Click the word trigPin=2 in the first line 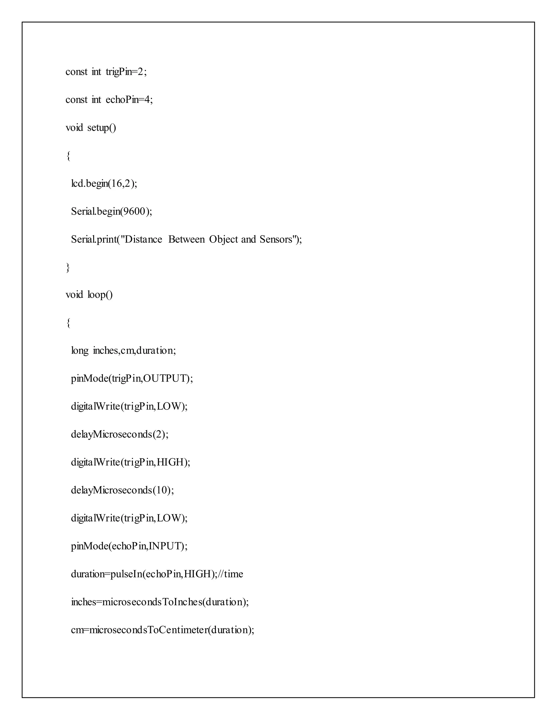(126, 72)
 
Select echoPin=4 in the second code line (129, 100)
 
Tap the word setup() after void (102, 128)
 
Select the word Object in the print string (223, 239)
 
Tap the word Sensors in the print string (276, 239)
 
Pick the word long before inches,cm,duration (80, 351)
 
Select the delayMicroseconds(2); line (119, 435)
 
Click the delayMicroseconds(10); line (122, 490)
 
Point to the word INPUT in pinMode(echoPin (163, 546)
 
